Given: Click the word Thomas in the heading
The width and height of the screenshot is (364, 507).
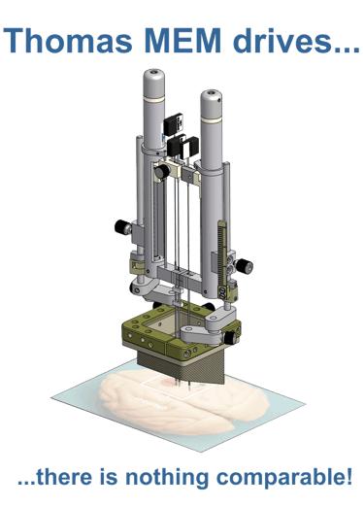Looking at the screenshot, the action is click(x=68, y=40).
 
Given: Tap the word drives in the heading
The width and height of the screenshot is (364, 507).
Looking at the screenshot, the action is click(x=281, y=40).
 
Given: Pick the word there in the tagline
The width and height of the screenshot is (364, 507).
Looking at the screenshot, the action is click(x=64, y=477).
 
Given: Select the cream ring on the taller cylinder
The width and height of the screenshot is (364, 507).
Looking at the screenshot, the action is click(x=154, y=98).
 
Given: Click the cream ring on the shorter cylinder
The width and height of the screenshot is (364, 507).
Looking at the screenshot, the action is click(x=211, y=119).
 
